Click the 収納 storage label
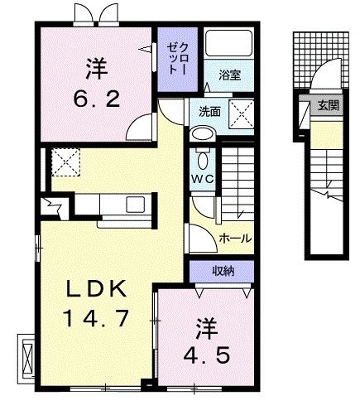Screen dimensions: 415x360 pos(222,271)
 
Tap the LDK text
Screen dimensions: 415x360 pos(96,290)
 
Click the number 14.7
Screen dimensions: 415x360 pos(96,319)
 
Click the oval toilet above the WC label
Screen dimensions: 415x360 pos(201,134)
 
